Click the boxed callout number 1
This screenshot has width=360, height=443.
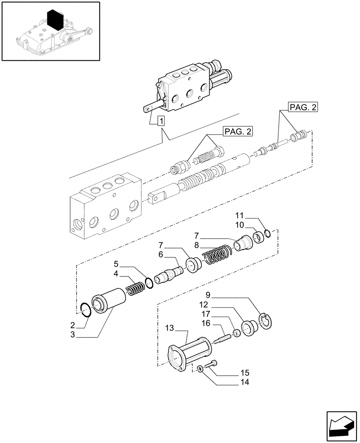click(x=160, y=120)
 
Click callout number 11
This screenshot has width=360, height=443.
click(x=240, y=215)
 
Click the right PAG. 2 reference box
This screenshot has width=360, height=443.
click(x=303, y=107)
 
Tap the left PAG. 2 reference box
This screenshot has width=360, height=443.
click(x=238, y=132)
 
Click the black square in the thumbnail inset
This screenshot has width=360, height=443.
click(x=56, y=19)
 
